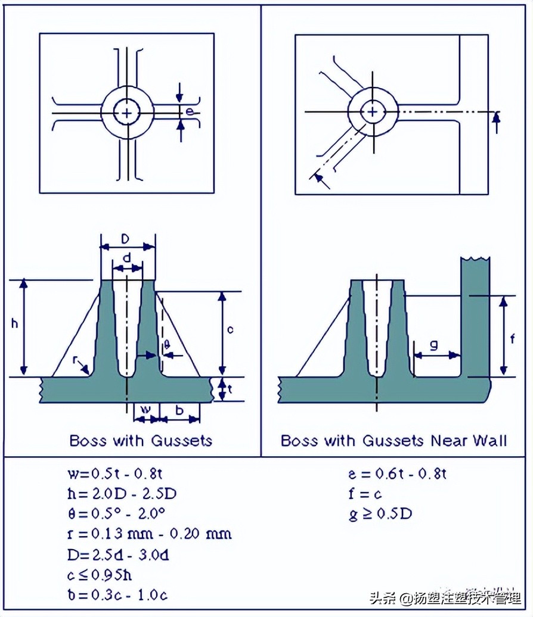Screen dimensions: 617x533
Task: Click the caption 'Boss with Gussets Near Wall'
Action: (393, 441)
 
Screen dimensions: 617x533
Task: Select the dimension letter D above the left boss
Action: (125, 239)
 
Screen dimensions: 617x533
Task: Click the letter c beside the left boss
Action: (230, 329)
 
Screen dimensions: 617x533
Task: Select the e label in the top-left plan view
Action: (189, 111)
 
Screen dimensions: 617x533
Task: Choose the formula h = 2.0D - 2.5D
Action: (122, 494)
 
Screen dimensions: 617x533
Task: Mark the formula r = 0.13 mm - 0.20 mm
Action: (150, 533)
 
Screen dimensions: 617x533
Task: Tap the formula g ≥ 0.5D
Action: (380, 513)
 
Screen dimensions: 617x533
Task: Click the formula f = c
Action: (365, 494)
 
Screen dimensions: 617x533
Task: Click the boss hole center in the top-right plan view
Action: (373, 111)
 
